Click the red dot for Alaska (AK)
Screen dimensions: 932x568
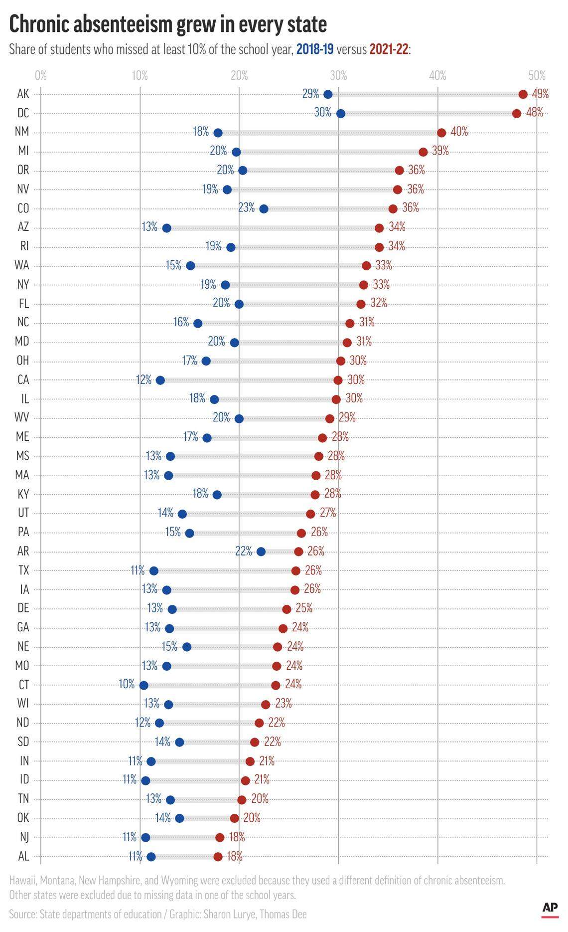[523, 94]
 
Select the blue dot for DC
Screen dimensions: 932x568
[340, 114]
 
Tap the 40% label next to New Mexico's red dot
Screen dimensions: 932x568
[459, 132]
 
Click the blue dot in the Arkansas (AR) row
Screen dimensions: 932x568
[261, 552]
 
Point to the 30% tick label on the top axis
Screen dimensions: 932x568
[338, 76]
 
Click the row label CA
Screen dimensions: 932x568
[23, 380]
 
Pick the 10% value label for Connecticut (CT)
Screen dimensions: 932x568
[127, 684]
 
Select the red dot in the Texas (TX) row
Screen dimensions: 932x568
[296, 571]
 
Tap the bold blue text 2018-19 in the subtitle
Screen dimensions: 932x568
[315, 49]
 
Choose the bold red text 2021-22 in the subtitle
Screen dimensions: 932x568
[389, 49]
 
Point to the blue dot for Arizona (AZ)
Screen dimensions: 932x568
[166, 228]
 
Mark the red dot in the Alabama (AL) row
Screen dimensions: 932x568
[218, 857]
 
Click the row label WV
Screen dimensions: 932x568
[22, 418]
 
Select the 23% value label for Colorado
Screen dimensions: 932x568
[246, 207]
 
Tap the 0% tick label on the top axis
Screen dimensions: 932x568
[41, 76]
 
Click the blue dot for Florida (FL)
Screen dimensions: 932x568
[239, 304]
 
